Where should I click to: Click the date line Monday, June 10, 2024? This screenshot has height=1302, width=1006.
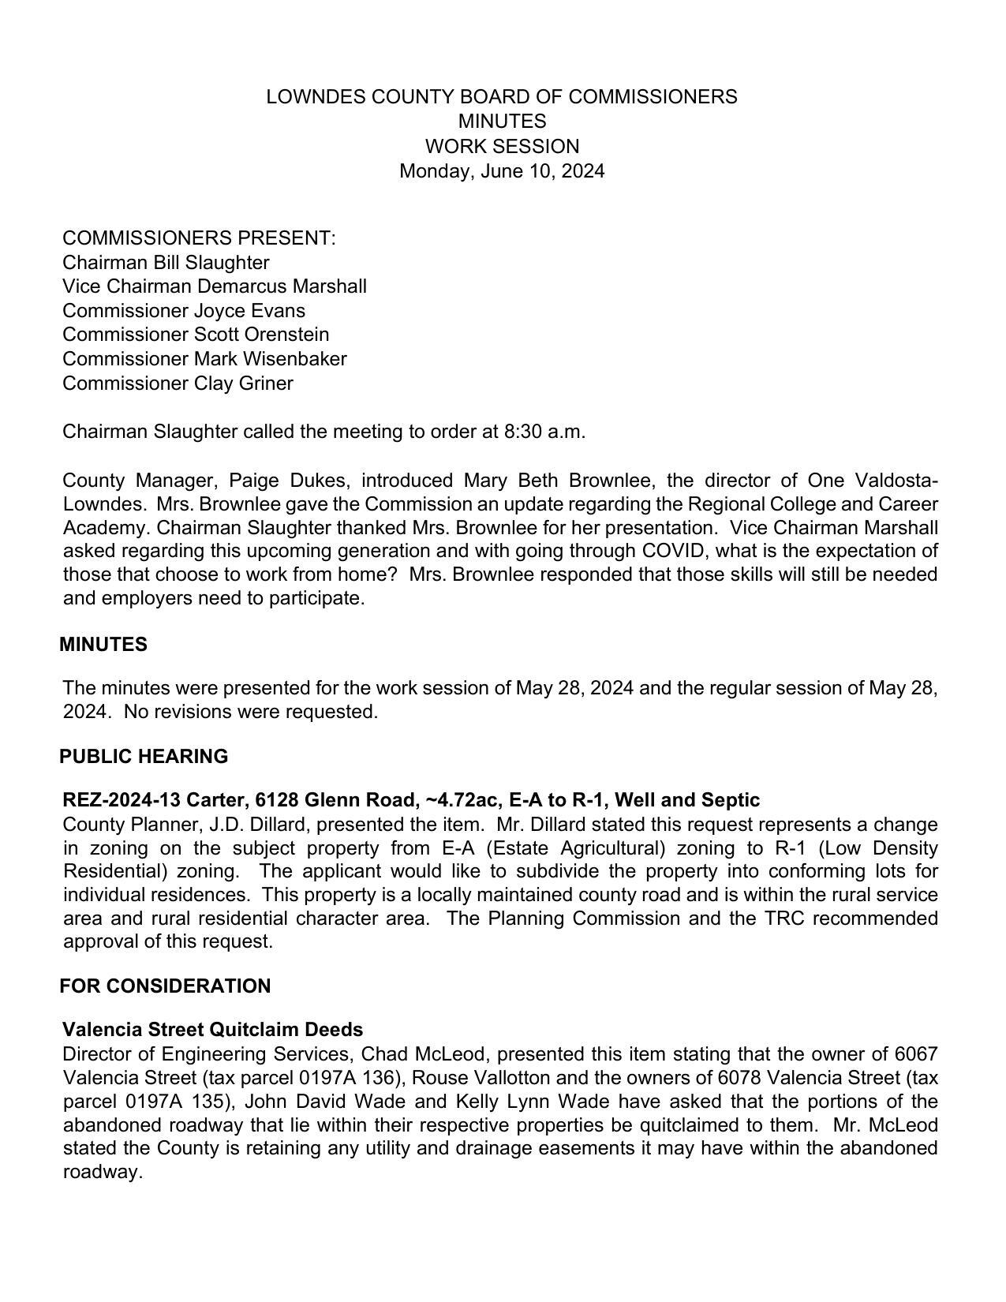point(502,171)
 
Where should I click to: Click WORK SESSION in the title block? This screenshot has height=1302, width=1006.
point(502,147)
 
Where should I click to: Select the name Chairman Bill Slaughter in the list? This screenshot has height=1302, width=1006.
point(166,263)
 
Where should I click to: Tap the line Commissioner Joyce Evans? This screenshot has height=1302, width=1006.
point(184,311)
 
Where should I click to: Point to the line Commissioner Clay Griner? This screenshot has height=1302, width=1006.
point(178,383)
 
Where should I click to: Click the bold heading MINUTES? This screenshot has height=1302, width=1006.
point(103,645)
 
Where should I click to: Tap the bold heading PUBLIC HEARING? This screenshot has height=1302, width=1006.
point(144,757)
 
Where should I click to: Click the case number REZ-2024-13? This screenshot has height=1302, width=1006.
point(122,800)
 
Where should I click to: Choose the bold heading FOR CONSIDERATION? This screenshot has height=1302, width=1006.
point(165,986)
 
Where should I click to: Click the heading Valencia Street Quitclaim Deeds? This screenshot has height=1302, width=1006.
point(213,1030)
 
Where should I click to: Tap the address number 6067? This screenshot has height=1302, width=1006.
point(916,1054)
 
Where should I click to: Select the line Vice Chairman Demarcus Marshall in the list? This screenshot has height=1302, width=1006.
point(215,286)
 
